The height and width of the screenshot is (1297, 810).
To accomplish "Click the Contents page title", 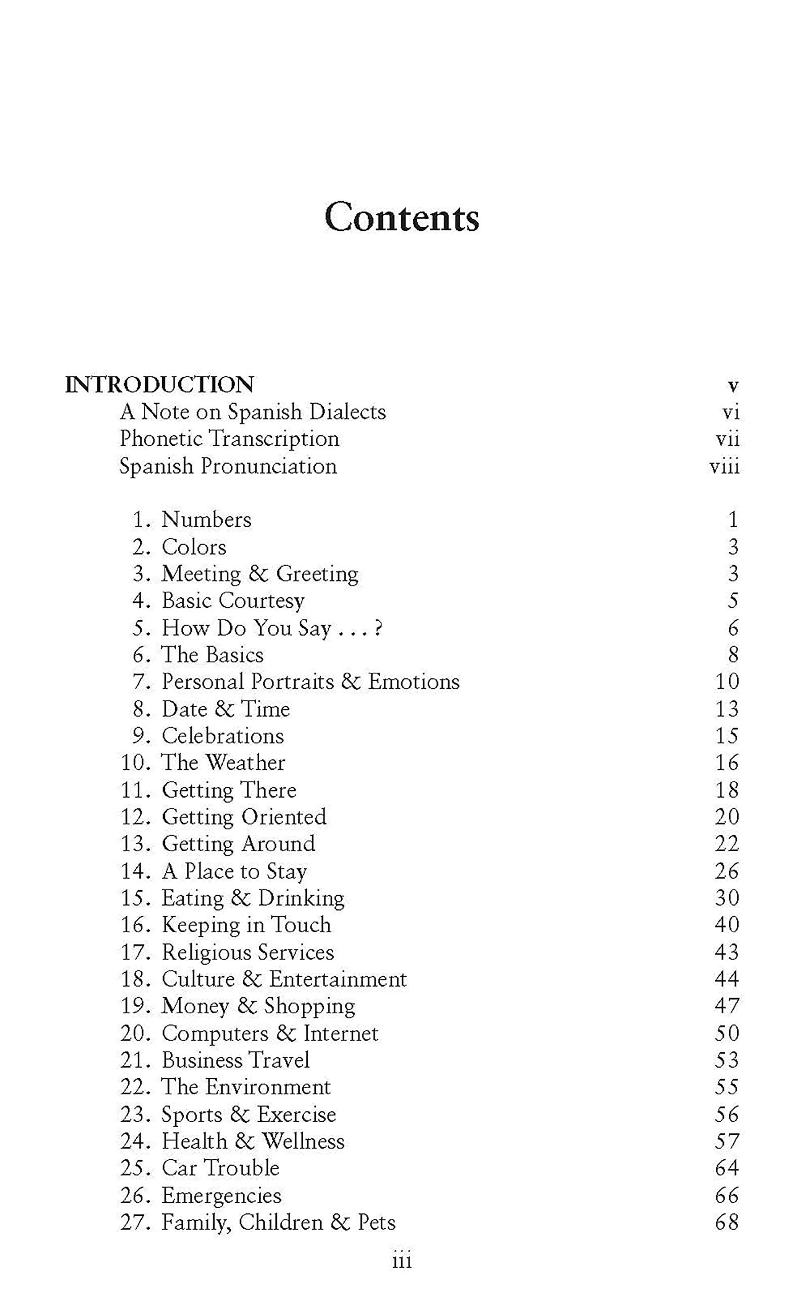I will click(402, 217).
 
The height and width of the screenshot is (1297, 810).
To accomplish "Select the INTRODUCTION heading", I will click(159, 385).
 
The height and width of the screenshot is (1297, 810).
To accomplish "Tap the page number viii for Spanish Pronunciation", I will click(724, 466).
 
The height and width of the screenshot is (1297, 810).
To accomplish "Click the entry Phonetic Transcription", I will click(229, 439).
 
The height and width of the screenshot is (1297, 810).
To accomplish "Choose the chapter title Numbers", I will click(206, 520).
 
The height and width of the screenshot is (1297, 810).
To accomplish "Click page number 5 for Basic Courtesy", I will click(733, 601).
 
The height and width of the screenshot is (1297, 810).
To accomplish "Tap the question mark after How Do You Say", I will click(378, 628).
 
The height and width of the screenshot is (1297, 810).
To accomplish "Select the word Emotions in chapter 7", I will click(414, 682).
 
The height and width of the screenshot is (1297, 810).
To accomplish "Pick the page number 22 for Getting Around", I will click(727, 844).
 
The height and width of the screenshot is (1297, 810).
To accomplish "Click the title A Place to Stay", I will click(234, 871).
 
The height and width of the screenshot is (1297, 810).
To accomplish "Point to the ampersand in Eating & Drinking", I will click(240, 898).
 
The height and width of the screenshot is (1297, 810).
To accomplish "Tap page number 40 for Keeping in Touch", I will click(727, 925).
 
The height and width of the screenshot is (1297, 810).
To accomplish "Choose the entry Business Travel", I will click(236, 1060).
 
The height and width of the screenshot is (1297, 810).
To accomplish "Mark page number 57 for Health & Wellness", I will click(727, 1141).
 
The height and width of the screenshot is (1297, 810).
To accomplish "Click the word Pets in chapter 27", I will click(377, 1223).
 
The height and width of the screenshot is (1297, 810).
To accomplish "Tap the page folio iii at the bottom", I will click(402, 1262).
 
